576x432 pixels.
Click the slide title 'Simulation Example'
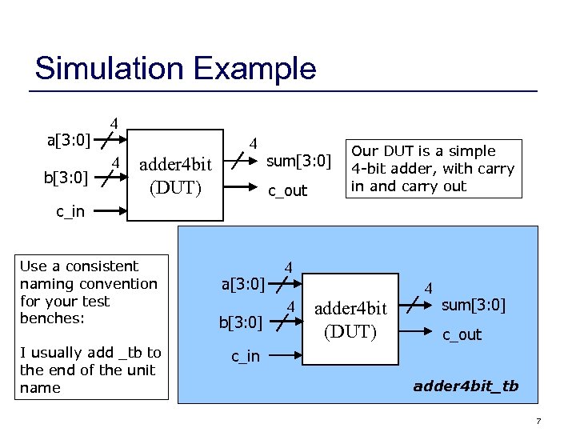pyautogui.click(x=175, y=68)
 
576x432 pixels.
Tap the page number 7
pyautogui.click(x=562, y=421)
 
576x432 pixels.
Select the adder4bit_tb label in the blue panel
pyautogui.click(x=466, y=386)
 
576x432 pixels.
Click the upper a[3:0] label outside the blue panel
pyautogui.click(x=68, y=142)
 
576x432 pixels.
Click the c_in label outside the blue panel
pyautogui.click(x=71, y=212)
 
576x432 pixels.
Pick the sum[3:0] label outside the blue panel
pyautogui.click(x=298, y=162)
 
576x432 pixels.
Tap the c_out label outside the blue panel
pyautogui.click(x=287, y=191)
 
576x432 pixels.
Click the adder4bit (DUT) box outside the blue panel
pyautogui.click(x=175, y=175)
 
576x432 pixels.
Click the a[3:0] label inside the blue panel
pyautogui.click(x=243, y=284)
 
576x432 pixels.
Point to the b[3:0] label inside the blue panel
pyautogui.click(x=240, y=322)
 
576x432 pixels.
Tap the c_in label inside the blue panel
pyautogui.click(x=246, y=356)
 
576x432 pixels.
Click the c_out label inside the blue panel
pyautogui.click(x=462, y=334)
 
